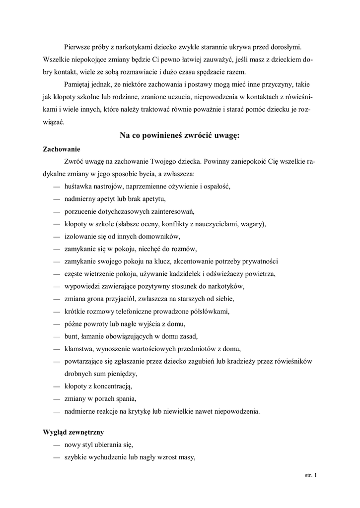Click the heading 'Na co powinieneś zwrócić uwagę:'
180,135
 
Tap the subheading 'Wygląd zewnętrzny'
73,432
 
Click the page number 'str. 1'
310,475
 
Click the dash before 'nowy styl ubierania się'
56,444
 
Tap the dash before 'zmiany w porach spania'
56,398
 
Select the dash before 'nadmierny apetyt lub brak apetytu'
56,199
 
